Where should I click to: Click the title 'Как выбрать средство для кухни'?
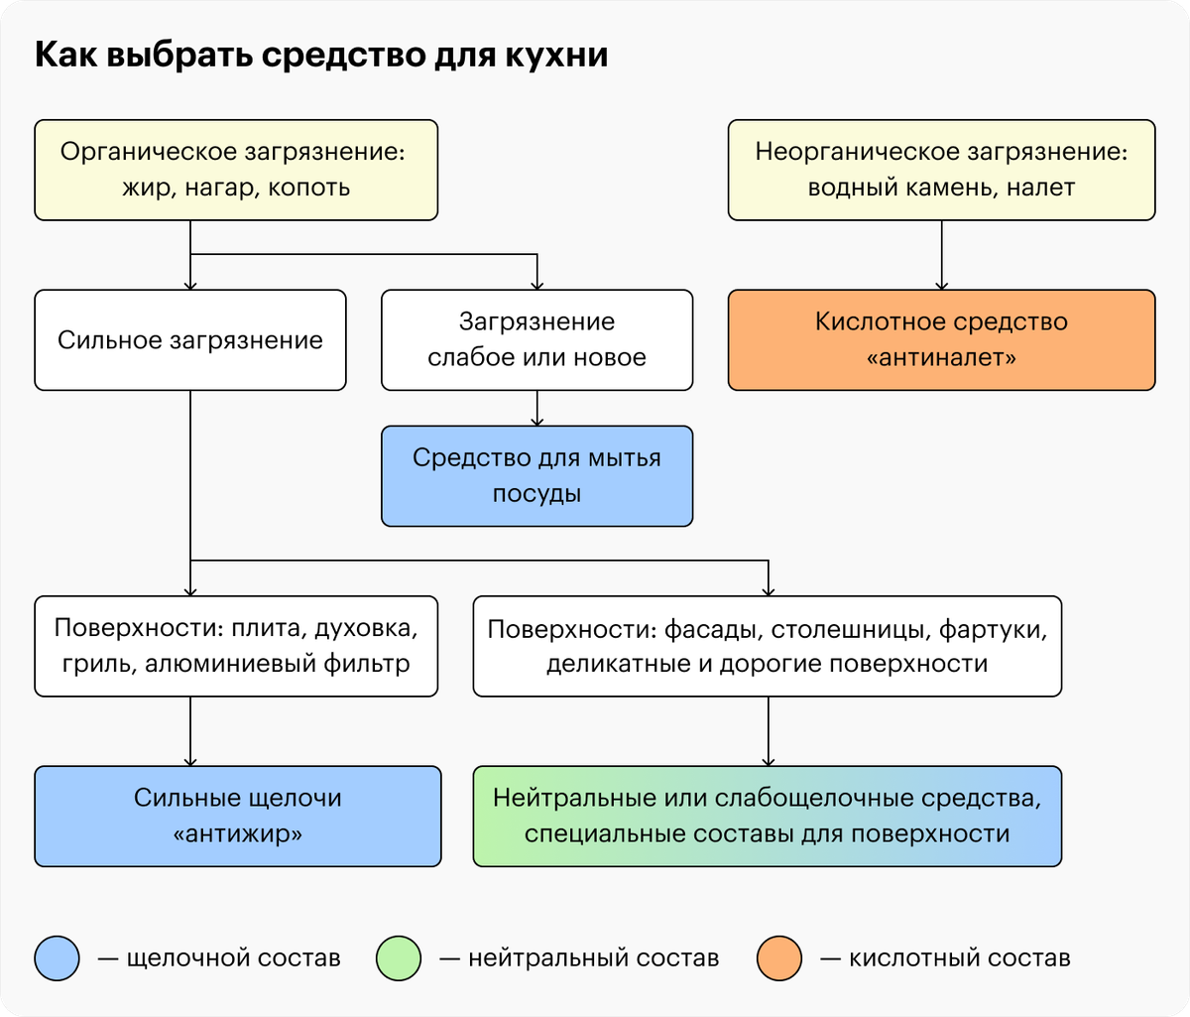321,56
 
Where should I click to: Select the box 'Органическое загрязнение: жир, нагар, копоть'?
236,170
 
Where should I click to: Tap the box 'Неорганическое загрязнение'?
941,170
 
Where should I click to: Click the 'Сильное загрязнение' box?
190,339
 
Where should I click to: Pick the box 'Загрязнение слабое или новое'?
536,339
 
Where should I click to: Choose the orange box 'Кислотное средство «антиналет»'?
941,339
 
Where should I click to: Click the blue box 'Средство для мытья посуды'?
536,475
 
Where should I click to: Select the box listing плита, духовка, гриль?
236,646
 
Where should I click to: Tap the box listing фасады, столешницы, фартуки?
768,646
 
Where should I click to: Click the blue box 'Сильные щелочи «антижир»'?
238,816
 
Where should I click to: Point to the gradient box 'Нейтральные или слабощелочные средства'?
768,816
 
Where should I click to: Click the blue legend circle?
57,958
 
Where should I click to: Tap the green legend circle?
399,958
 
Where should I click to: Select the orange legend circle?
779,958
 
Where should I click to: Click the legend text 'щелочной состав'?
234,958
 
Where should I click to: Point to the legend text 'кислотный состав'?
960,958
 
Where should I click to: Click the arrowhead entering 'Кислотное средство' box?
941,286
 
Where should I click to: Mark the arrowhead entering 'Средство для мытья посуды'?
536,422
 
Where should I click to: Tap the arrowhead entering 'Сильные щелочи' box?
190,762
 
